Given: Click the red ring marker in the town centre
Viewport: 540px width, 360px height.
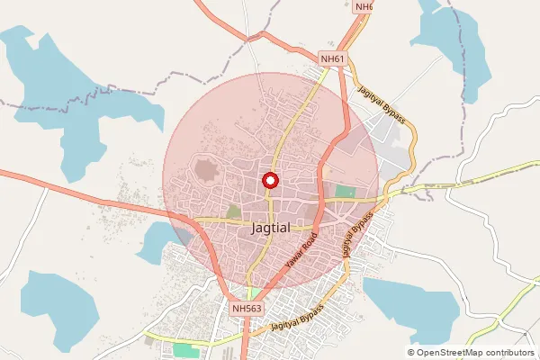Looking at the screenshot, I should click(269, 180).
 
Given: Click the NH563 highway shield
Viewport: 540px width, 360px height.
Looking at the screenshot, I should click(246, 309).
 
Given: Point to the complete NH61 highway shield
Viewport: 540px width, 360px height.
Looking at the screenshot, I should click(333, 59).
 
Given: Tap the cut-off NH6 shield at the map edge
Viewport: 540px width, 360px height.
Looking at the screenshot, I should click(364, 6).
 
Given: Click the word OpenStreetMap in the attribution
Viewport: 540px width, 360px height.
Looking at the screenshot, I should click(454, 352).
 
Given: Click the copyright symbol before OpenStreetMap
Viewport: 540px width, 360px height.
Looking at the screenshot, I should click(411, 352).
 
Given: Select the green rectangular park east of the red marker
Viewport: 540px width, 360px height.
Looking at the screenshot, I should click(345, 191).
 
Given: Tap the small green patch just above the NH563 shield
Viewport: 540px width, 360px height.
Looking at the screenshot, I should click(254, 293).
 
